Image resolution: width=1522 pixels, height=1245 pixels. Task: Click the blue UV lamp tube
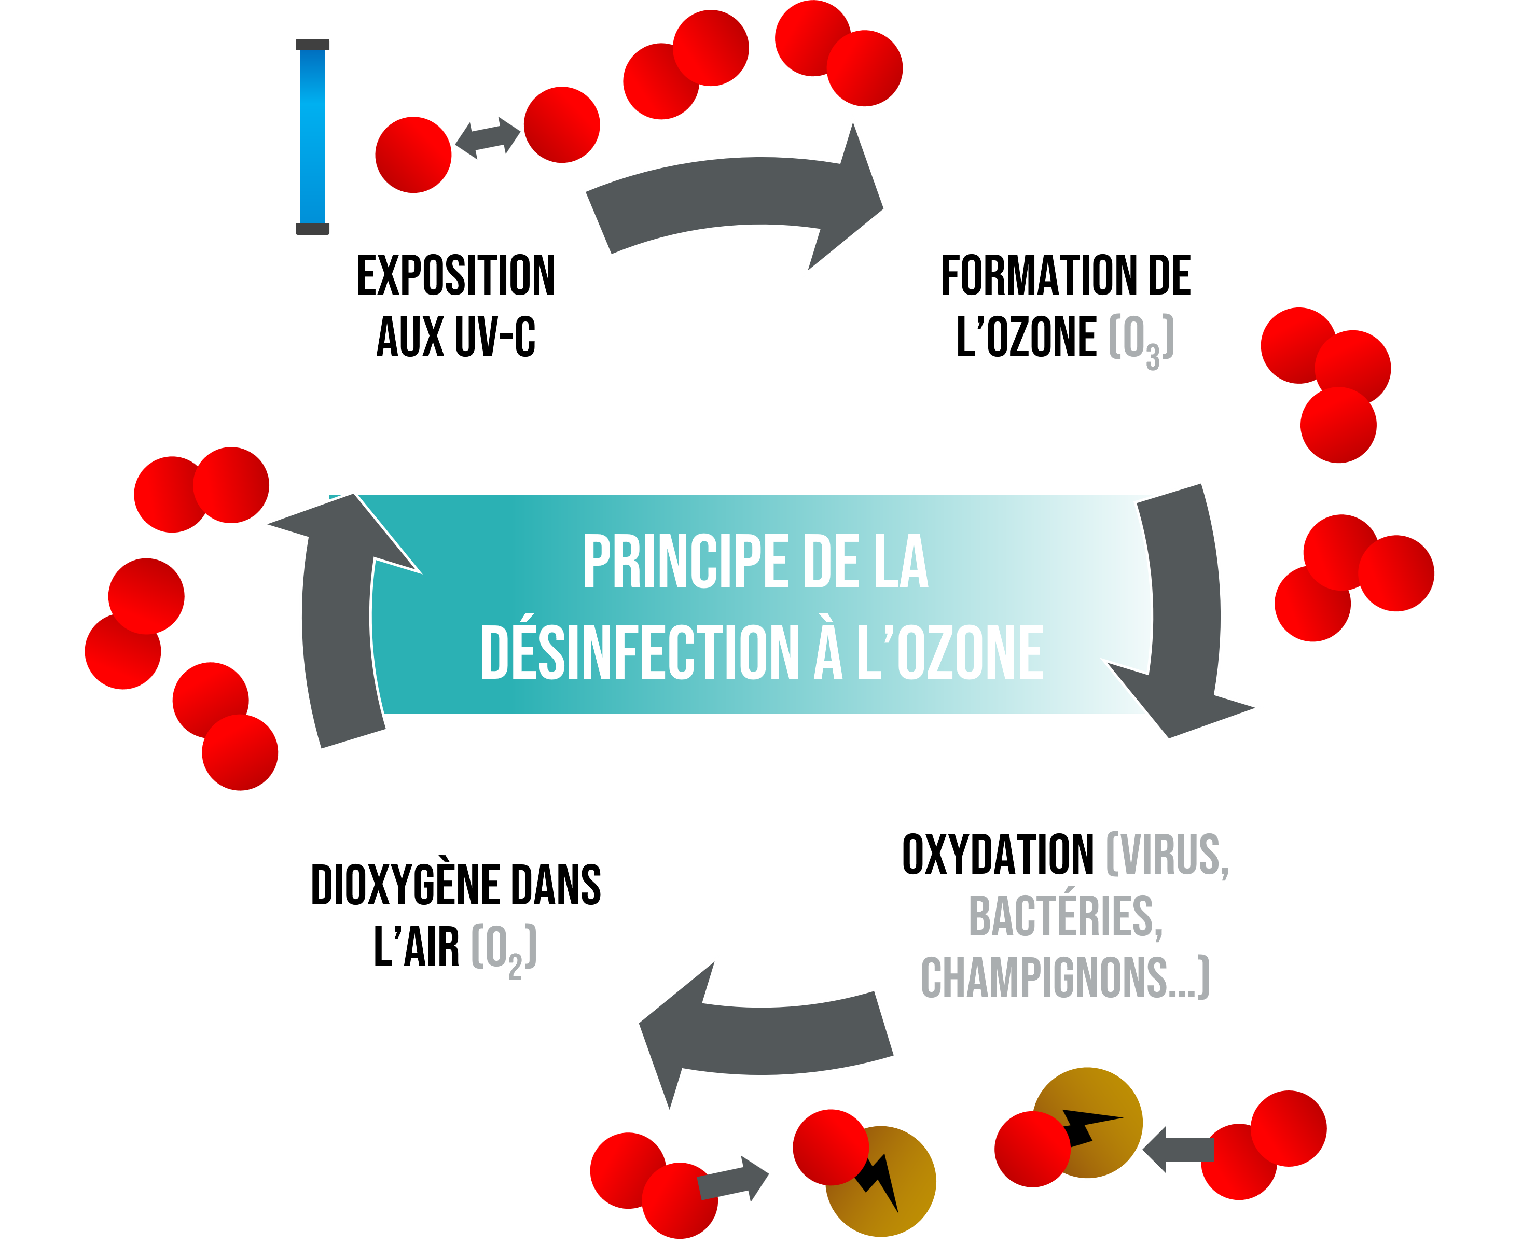(312, 136)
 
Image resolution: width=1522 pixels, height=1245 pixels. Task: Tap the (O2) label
(504, 949)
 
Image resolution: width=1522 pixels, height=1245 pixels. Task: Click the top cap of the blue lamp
(312, 45)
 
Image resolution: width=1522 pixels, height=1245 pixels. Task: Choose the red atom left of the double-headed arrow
(413, 155)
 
